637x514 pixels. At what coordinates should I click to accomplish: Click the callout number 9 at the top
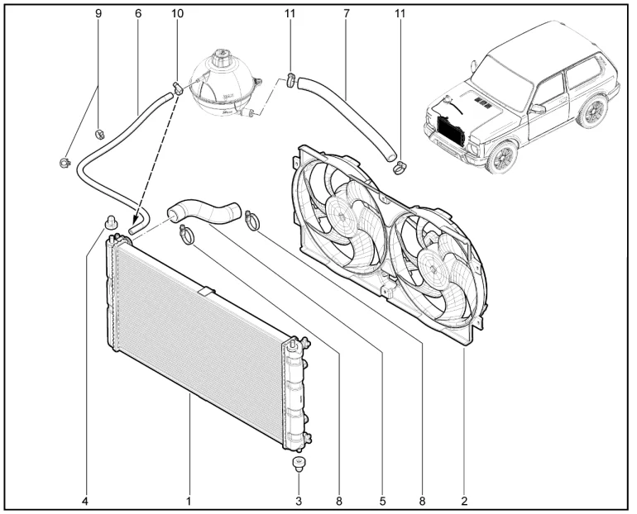[98, 14]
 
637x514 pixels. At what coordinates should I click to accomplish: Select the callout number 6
[137, 14]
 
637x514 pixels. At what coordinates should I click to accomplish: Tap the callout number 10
[177, 14]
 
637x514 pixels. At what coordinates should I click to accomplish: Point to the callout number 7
[346, 14]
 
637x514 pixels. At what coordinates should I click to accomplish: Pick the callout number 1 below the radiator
[189, 500]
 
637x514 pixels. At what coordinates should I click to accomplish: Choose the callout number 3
[299, 500]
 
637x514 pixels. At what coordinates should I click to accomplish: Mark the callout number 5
[382, 500]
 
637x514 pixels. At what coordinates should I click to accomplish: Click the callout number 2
[465, 500]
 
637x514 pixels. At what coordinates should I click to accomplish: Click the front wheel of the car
[501, 155]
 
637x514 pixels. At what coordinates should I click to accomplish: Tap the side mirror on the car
[538, 108]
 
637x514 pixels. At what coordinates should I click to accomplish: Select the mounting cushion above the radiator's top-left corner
[109, 221]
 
